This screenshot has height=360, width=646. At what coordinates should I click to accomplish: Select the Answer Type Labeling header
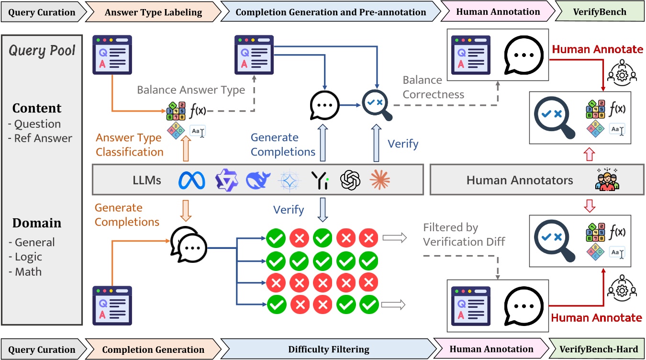(x=153, y=11)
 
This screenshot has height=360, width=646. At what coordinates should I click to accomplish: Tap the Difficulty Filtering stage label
(x=328, y=349)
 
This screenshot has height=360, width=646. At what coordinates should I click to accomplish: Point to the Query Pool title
(x=43, y=51)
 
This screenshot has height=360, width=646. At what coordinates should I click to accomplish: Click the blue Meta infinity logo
(x=191, y=180)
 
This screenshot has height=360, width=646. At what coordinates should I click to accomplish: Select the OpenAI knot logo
(x=349, y=180)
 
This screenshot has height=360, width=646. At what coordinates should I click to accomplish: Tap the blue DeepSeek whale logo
(x=258, y=180)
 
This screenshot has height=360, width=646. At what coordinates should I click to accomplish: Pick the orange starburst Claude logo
(x=380, y=180)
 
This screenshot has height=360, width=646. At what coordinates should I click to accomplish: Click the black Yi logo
(x=319, y=180)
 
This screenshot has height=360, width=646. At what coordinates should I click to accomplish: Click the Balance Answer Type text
(x=191, y=90)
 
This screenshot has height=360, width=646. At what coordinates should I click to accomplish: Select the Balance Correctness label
(x=433, y=87)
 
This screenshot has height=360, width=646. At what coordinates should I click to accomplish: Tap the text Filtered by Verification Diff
(x=464, y=234)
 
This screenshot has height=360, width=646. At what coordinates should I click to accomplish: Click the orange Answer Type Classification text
(x=129, y=145)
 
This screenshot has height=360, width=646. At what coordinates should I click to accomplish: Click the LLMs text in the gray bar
(x=146, y=180)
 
